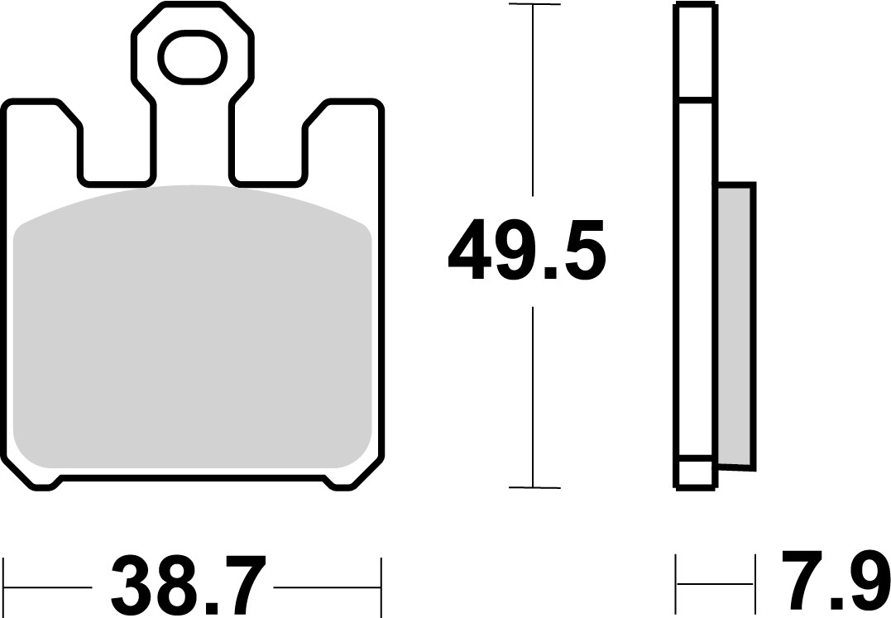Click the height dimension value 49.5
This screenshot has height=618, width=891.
(527, 249)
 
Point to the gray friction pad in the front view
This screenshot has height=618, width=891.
(193, 331)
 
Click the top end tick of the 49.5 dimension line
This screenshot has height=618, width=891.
(534, 6)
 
